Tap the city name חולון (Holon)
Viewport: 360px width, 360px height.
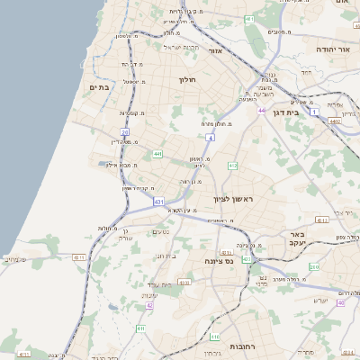[x=187, y=79]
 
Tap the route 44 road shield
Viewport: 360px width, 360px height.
[x=262, y=110]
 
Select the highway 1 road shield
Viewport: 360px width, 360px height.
[x=314, y=112]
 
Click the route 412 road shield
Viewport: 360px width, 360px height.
[x=232, y=166]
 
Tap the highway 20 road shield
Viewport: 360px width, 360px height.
[x=125, y=132]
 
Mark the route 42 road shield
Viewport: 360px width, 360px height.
[x=149, y=305]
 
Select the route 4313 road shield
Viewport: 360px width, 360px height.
[x=184, y=283]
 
